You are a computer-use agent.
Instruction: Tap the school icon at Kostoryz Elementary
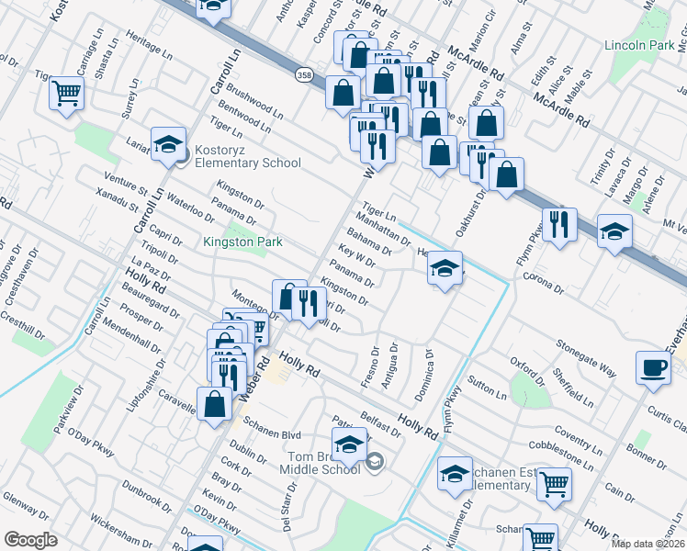tap(168, 143)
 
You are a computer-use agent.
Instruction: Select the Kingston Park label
tap(242, 242)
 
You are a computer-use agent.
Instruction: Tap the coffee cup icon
tap(653, 367)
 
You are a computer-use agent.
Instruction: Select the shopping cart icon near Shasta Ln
tap(67, 92)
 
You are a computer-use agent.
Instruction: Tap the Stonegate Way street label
tap(584, 355)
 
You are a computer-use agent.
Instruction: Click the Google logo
tap(30, 540)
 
